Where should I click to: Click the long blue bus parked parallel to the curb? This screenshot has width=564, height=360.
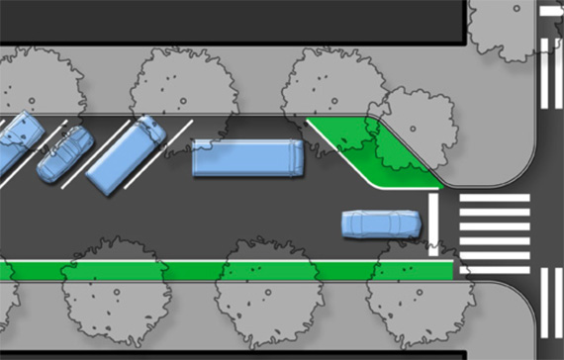tap(247, 158)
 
